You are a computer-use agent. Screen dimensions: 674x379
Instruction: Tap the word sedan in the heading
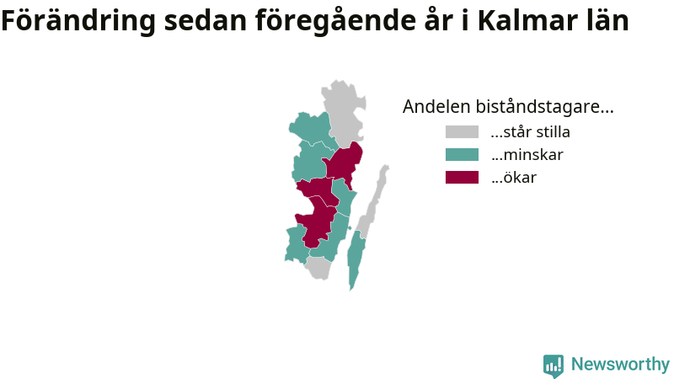205,20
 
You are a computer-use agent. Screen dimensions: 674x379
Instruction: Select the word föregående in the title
335,20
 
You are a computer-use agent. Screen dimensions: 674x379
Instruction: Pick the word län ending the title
607,20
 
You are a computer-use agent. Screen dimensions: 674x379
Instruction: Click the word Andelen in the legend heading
436,107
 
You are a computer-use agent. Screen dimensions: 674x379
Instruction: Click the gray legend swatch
462,132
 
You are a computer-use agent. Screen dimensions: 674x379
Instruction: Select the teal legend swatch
462,155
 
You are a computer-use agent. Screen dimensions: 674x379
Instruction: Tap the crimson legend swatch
462,178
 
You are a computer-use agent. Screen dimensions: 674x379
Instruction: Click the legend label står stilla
531,132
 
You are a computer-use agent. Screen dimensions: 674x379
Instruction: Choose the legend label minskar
527,155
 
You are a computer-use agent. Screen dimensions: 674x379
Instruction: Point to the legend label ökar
514,178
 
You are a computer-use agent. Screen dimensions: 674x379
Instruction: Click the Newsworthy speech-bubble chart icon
554,366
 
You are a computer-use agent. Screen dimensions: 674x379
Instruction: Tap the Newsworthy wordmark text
620,365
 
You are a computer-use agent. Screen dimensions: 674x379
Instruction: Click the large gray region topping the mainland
344,112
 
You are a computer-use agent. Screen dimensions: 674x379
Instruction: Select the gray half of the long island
373,200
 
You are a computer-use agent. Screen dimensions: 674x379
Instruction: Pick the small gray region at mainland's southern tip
318,268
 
